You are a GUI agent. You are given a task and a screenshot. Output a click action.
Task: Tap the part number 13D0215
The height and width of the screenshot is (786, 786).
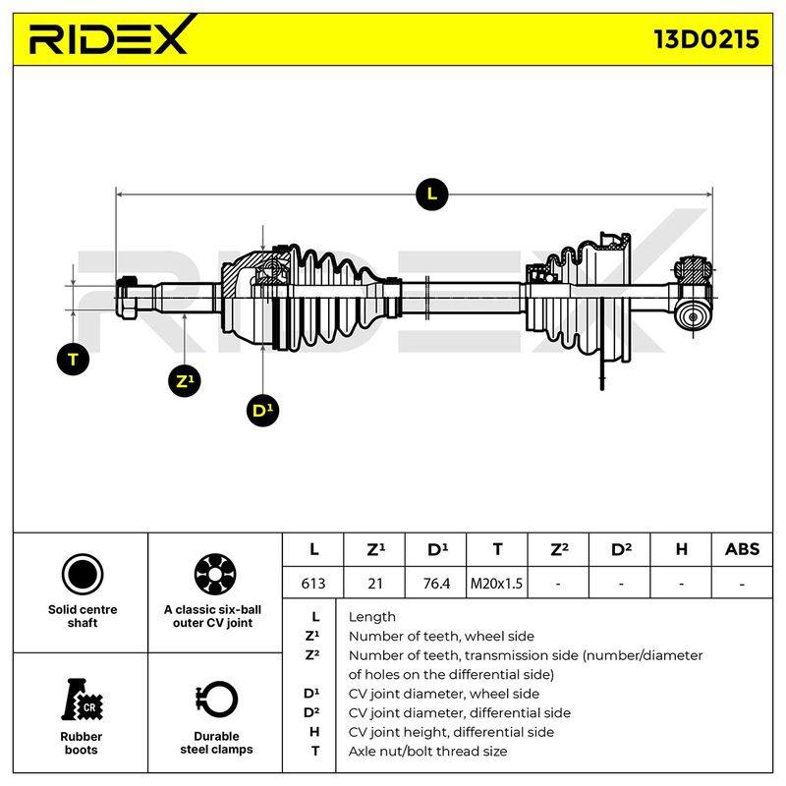click(x=706, y=39)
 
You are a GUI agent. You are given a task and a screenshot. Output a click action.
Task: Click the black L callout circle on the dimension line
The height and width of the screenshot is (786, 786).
click(x=431, y=194)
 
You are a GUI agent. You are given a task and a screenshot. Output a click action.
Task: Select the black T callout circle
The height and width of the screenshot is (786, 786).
click(x=73, y=359)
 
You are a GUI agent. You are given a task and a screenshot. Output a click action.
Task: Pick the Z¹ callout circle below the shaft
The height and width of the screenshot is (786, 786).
click(x=185, y=381)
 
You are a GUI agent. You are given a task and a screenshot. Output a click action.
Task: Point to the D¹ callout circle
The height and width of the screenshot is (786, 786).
click(x=262, y=411)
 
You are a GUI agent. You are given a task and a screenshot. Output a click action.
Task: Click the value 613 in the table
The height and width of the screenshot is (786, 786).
click(x=312, y=583)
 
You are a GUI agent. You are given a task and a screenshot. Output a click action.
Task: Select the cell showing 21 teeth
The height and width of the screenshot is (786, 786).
click(x=374, y=583)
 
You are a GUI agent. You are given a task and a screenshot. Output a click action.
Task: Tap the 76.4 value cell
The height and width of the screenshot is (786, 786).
click(x=435, y=583)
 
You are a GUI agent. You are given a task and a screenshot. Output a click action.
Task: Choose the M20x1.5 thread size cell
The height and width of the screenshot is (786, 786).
click(x=497, y=583)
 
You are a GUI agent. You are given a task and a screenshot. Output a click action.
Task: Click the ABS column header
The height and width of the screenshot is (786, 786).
click(x=742, y=549)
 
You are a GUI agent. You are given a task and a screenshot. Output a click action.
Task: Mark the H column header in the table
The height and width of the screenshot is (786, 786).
click(x=681, y=549)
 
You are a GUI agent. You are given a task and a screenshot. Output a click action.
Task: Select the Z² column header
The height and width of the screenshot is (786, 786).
click(x=558, y=549)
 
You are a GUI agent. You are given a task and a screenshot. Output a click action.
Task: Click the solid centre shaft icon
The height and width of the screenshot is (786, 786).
click(x=83, y=574)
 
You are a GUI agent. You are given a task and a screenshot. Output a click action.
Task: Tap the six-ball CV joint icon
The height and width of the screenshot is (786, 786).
click(x=214, y=574)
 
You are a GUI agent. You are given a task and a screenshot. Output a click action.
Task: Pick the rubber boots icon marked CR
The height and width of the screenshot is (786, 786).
click(x=82, y=700)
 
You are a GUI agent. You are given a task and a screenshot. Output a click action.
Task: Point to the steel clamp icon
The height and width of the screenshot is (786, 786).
click(x=216, y=700)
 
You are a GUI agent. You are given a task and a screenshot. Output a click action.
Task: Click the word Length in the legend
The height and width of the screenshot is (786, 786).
click(x=372, y=617)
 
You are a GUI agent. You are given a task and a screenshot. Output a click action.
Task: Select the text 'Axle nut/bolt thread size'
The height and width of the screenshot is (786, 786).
click(x=427, y=751)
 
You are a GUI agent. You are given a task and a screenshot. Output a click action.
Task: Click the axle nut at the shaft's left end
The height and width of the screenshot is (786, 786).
click(x=129, y=298)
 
